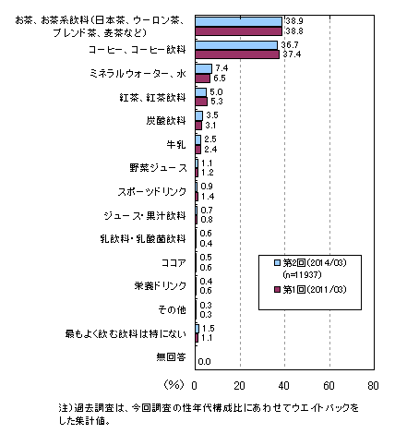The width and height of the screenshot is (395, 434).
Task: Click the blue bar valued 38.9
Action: pos(238,21)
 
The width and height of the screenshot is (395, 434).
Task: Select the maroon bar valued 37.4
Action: pos(237,54)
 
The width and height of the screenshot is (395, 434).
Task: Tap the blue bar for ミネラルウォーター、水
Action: pos(204,68)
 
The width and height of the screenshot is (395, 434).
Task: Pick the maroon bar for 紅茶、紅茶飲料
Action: pos(201,102)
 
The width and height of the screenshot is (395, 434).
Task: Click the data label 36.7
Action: pos(290,45)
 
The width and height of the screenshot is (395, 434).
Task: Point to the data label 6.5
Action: pos(220,78)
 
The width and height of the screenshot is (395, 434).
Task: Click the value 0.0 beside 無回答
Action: pos(205,362)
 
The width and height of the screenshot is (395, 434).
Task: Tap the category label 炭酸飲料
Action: pos(166,120)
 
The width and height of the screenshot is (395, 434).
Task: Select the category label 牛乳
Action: pos(176,144)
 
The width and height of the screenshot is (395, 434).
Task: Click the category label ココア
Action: pos(174,262)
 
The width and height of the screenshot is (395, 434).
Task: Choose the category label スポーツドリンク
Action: pos(152,191)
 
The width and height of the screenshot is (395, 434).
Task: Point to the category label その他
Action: pos(173,309)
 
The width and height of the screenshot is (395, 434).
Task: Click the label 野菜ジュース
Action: pos(158,168)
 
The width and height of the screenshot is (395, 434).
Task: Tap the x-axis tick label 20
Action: pos(239,386)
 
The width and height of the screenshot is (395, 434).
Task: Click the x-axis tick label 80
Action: pos(373,386)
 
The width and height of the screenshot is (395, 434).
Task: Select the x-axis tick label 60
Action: pos(329,386)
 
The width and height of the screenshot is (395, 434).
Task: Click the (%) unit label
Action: pos(174,384)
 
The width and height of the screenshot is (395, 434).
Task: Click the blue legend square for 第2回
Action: pos(278,262)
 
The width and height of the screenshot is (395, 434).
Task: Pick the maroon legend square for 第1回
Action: pos(278,289)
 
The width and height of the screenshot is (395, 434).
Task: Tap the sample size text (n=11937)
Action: pos(302,274)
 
